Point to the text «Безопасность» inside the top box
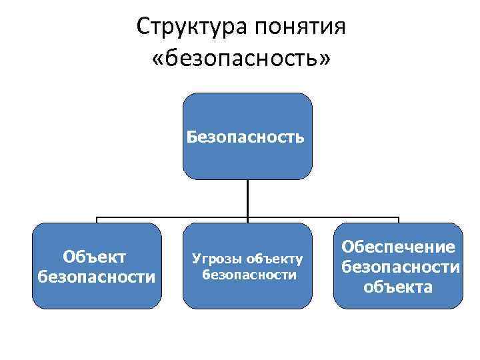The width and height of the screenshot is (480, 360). click(247, 138)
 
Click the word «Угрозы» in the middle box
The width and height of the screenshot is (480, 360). click(217, 259)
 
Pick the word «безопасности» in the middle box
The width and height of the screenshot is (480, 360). click(248, 273)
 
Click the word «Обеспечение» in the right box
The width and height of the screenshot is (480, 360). click(399, 247)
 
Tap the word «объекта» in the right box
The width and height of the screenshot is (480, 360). click(398, 287)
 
